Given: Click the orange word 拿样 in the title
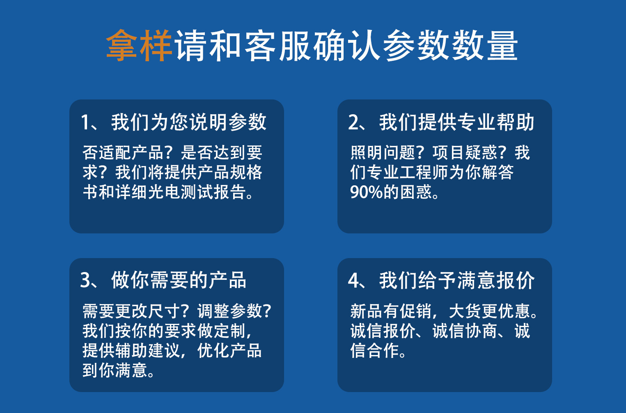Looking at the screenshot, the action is click(x=139, y=45).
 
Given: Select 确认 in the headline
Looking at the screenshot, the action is click(x=346, y=45).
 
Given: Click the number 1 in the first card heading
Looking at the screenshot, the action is click(x=85, y=122).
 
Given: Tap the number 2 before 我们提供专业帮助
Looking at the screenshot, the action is click(x=353, y=122).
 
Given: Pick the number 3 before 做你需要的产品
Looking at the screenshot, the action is click(x=85, y=280).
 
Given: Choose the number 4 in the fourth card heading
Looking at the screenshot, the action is click(x=353, y=280).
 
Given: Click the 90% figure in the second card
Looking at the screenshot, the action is click(x=367, y=192).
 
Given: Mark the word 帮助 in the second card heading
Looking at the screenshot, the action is click(x=516, y=122).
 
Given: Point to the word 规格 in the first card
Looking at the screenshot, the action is click(x=246, y=172).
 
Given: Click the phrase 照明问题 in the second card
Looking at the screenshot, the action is click(x=383, y=152).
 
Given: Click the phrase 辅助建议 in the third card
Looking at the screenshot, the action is click(x=148, y=350).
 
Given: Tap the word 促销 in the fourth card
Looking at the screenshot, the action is click(x=416, y=311).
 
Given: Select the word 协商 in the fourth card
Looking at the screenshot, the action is click(x=482, y=330).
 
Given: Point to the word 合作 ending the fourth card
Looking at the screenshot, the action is click(x=383, y=350).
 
